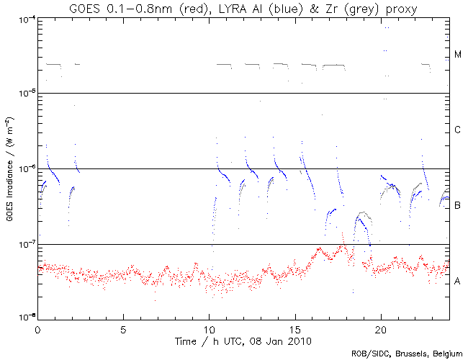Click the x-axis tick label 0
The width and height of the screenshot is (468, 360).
click(x=37, y=328)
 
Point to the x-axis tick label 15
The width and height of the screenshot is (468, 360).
click(x=294, y=328)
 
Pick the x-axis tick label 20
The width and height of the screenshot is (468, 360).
click(x=380, y=328)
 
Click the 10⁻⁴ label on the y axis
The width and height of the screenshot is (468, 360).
click(x=24, y=19)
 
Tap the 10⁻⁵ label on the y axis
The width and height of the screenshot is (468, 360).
click(x=24, y=94)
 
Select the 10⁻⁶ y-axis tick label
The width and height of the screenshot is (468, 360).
click(x=24, y=169)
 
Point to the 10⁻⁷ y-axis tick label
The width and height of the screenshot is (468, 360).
click(x=24, y=245)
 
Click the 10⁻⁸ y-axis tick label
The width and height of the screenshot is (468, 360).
click(x=24, y=318)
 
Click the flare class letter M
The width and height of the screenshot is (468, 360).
click(x=458, y=55)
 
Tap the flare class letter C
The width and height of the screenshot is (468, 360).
click(x=458, y=130)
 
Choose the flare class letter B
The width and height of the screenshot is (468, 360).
click(x=458, y=206)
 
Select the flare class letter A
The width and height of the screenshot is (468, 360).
click(x=458, y=282)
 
